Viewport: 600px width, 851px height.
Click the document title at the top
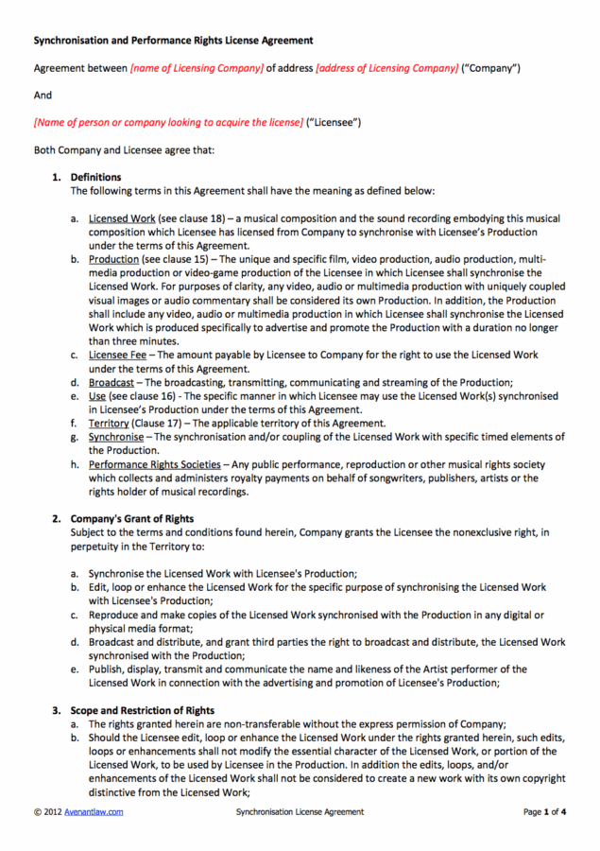click(173, 41)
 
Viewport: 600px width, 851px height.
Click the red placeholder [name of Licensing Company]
click(197, 68)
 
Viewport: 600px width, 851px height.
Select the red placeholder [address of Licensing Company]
click(386, 68)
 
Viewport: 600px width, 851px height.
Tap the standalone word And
click(43, 96)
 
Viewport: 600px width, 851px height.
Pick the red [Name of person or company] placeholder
click(168, 123)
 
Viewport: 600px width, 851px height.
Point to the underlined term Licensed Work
click(122, 217)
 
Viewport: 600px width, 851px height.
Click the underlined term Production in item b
click(113, 259)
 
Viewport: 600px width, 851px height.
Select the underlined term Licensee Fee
click(117, 355)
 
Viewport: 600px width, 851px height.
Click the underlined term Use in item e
click(97, 396)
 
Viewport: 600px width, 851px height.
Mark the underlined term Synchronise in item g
click(116, 437)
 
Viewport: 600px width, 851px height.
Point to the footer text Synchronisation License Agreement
click(300, 811)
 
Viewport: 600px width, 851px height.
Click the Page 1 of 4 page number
click(544, 811)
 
